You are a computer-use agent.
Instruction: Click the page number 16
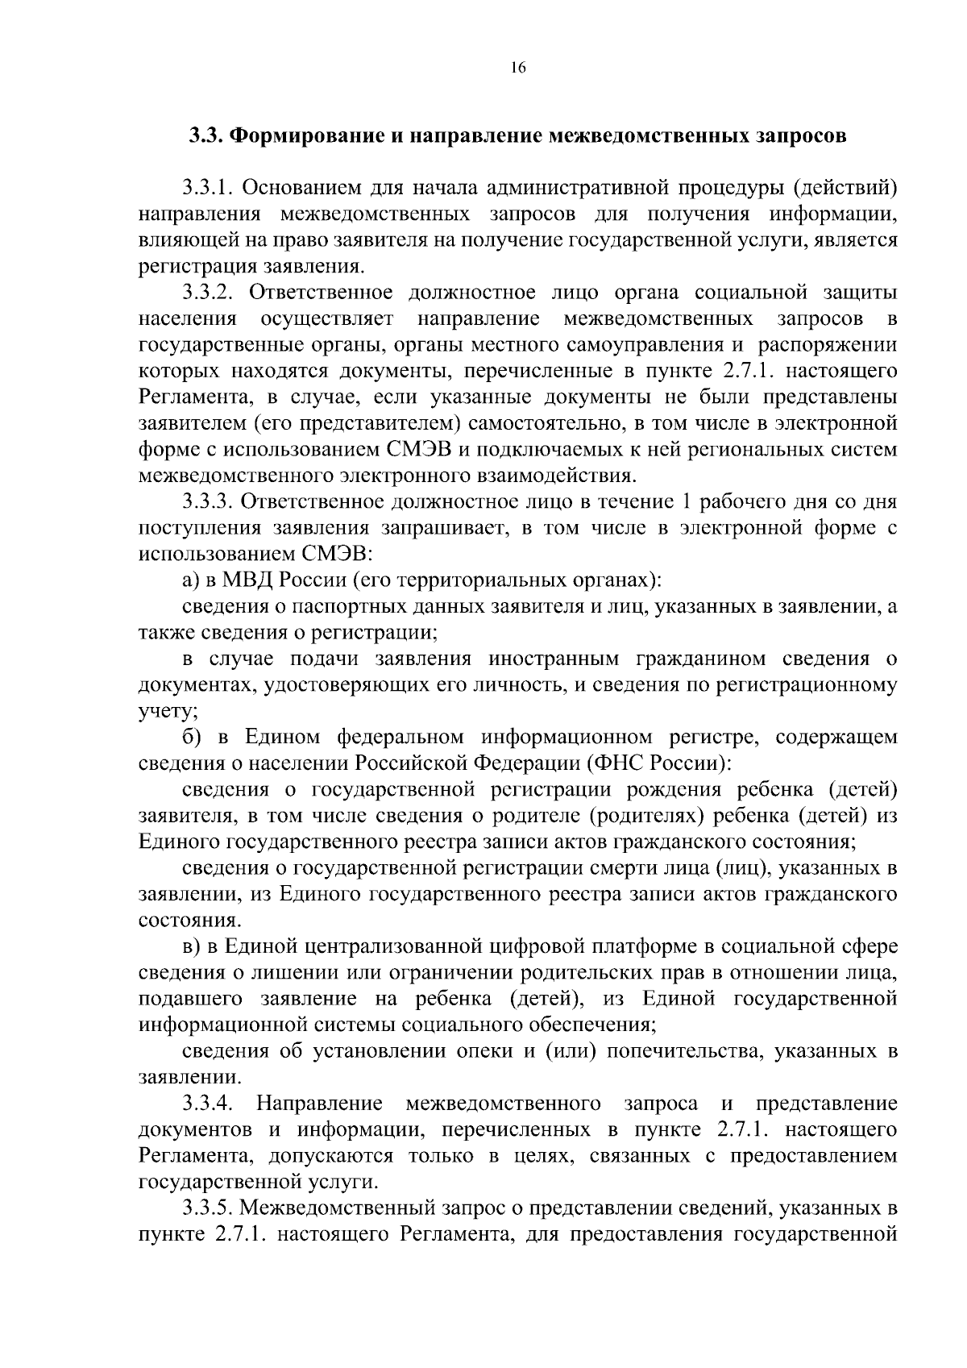pyautogui.click(x=517, y=69)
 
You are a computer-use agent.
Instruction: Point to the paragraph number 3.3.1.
pyautogui.click(x=208, y=189)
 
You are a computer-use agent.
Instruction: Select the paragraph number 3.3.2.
pyautogui.click(x=208, y=293)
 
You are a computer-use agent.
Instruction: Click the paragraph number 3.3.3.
pyautogui.click(x=208, y=501)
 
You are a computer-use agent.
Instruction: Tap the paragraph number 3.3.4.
pyautogui.click(x=208, y=1103)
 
